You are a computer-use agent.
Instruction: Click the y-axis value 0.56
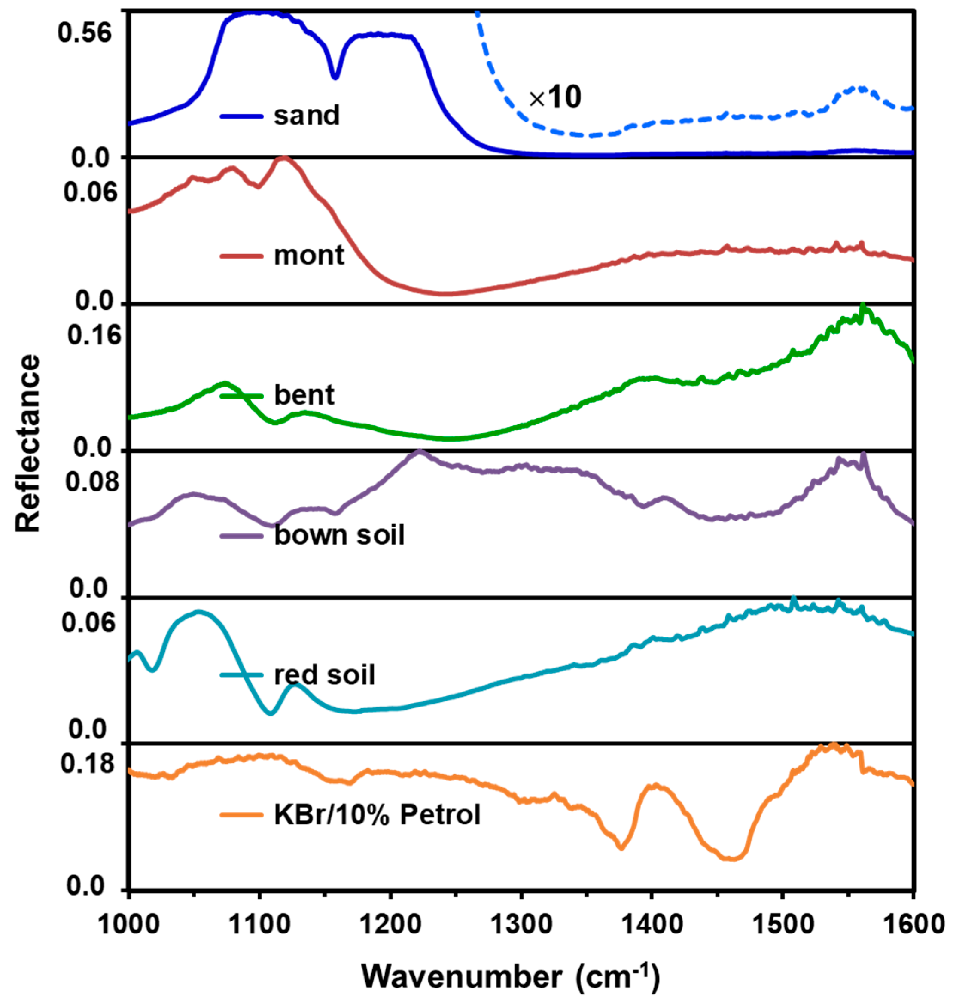click(x=84, y=34)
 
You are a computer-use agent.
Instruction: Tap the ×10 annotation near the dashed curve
click(x=555, y=98)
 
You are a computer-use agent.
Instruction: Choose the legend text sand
click(x=306, y=116)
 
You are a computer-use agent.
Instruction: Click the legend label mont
click(x=309, y=256)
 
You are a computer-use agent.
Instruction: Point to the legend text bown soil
click(x=339, y=535)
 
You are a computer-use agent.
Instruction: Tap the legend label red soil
click(x=324, y=675)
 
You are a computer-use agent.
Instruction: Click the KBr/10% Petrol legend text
click(x=377, y=815)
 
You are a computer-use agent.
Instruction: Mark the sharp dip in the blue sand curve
click(x=334, y=77)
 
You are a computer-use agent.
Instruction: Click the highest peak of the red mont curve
click(x=283, y=158)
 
